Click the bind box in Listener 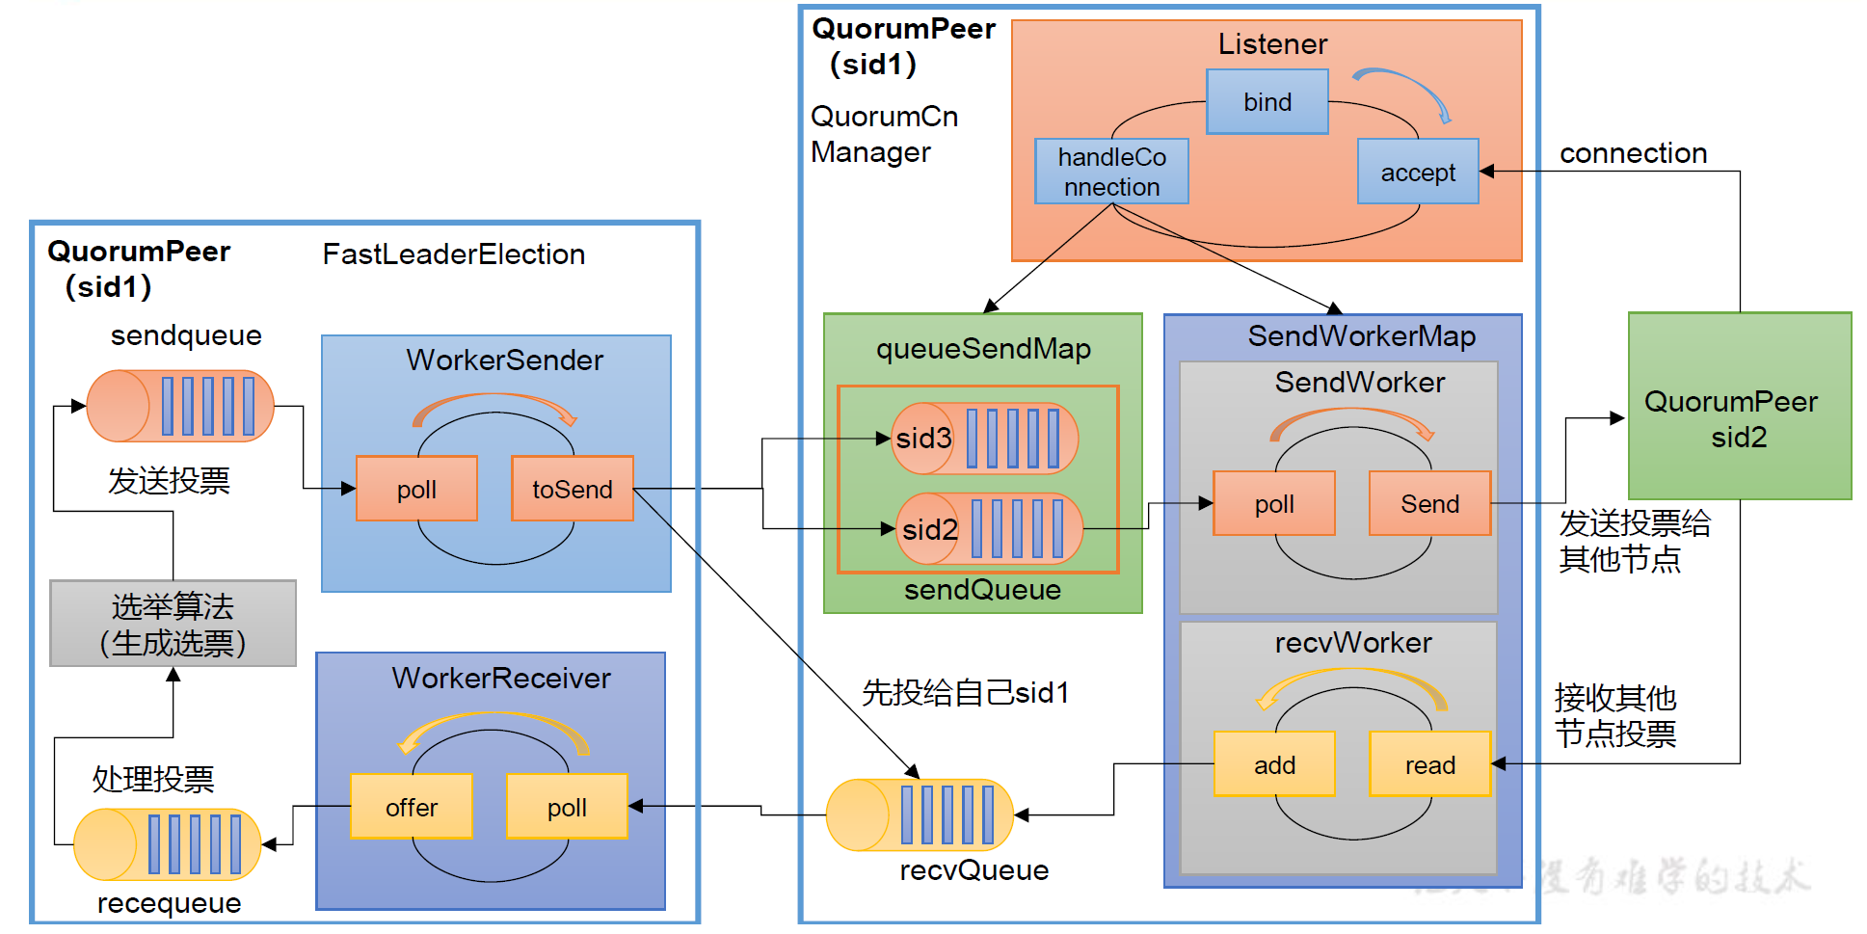coord(1267,101)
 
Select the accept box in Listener coord(1417,172)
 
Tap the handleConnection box coord(1111,172)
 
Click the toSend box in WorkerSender coord(572,489)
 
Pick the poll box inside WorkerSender coord(416,489)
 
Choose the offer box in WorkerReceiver coord(412,807)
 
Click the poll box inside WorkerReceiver coord(567,807)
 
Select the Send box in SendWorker coord(1429,503)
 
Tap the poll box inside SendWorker coord(1273,503)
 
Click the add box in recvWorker coord(1273,764)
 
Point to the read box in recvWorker coord(1429,764)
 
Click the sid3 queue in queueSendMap coord(984,439)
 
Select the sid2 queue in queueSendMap coord(989,528)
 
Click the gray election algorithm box coord(173,624)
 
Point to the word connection coord(1633,153)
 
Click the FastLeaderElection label coord(453,254)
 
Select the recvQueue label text coord(974,870)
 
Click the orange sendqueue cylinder coord(180,406)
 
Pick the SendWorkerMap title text coord(1361,336)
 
